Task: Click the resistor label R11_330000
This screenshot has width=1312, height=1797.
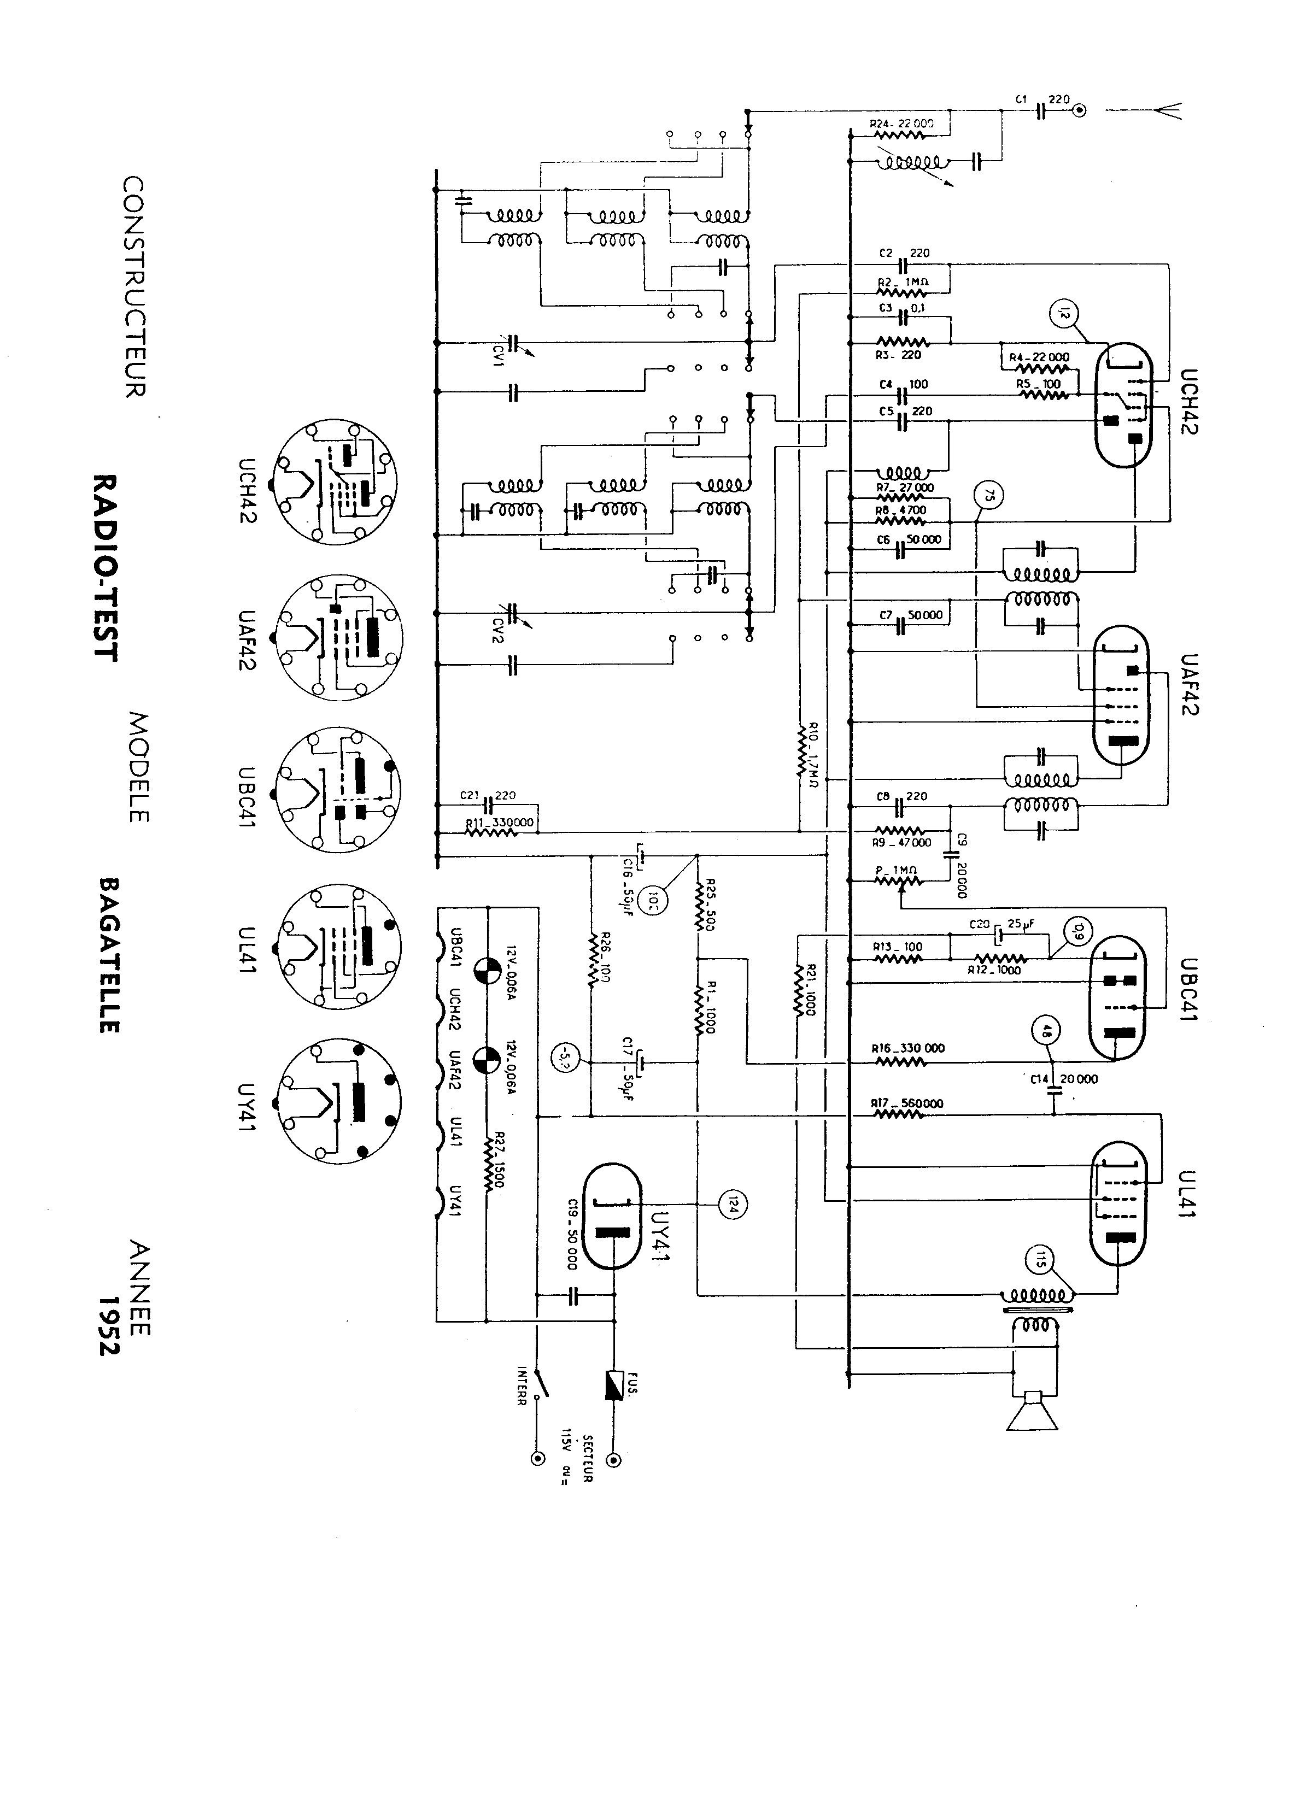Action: [x=500, y=823]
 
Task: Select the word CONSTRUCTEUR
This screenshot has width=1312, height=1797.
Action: [x=134, y=287]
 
